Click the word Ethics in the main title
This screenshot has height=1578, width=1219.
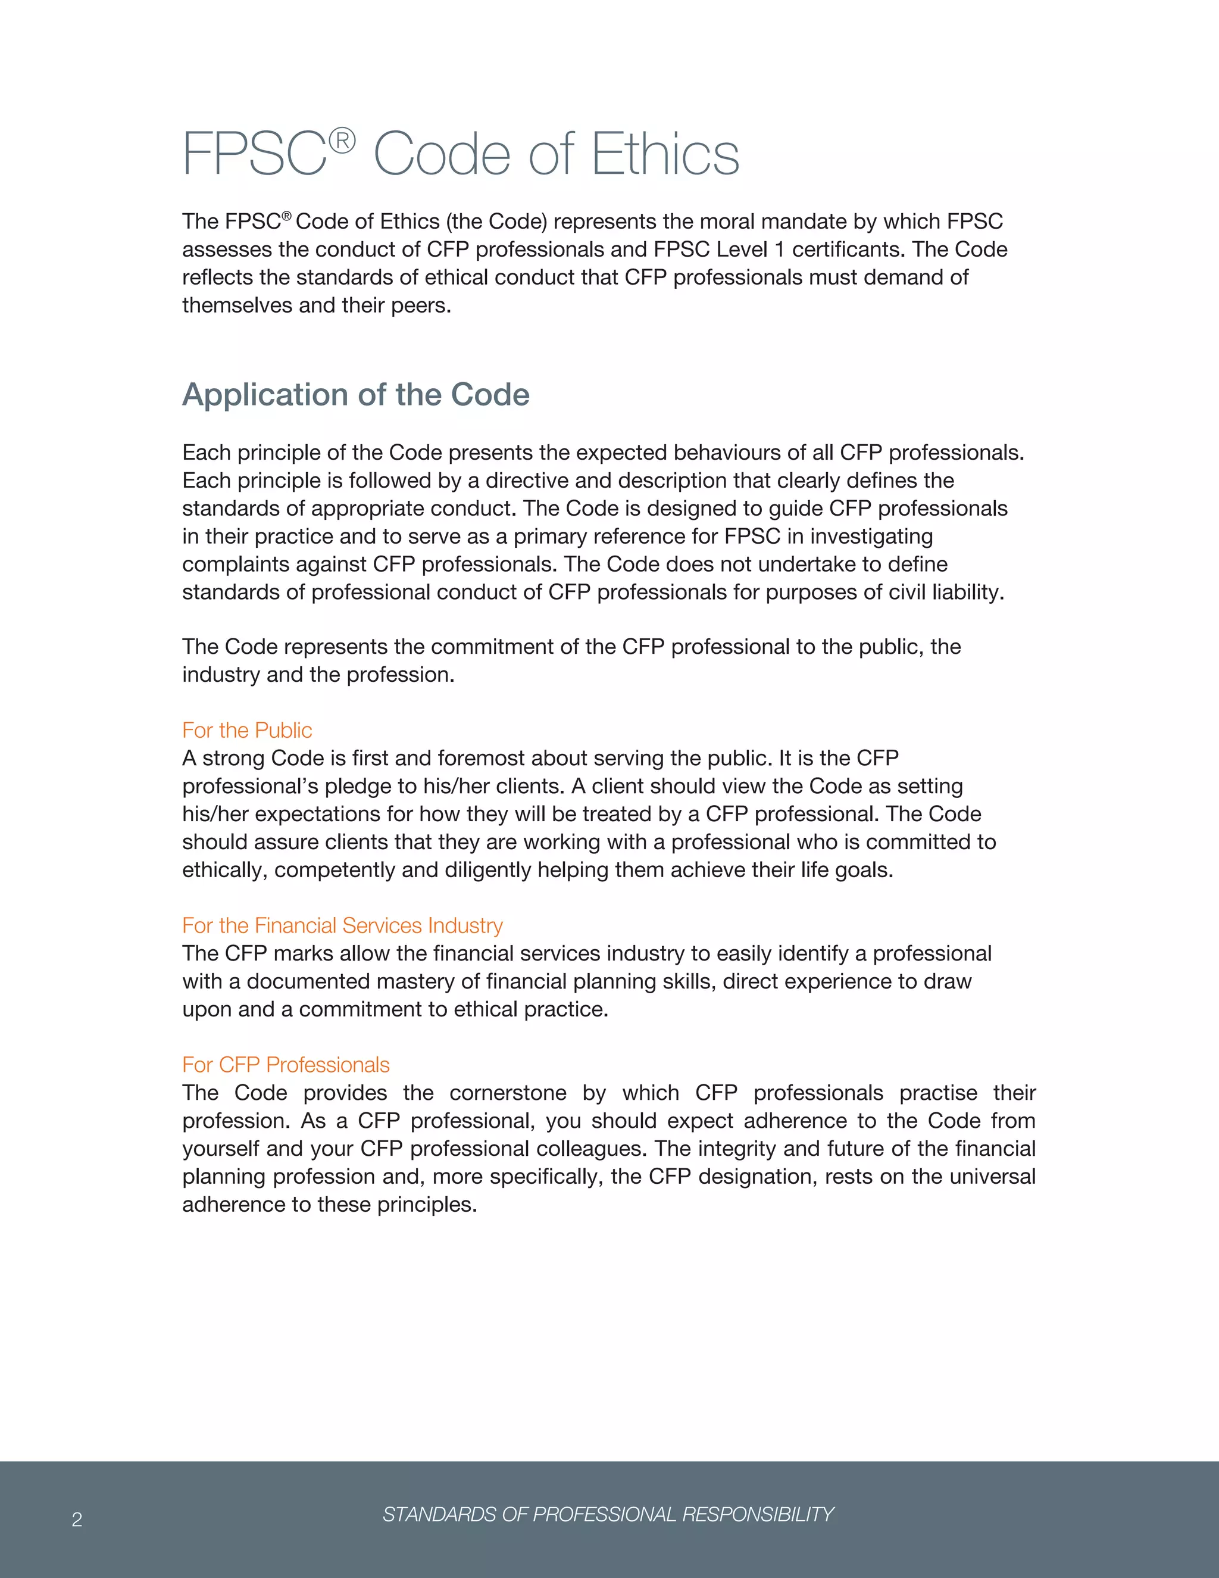(665, 155)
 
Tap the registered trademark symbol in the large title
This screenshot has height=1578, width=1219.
(342, 141)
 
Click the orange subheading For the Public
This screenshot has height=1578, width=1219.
(247, 731)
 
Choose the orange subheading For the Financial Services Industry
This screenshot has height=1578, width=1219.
(342, 925)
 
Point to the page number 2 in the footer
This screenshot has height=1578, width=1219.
(77, 1520)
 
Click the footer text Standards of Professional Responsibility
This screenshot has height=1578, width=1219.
(608, 1514)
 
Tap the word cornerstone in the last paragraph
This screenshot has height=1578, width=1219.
(507, 1093)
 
